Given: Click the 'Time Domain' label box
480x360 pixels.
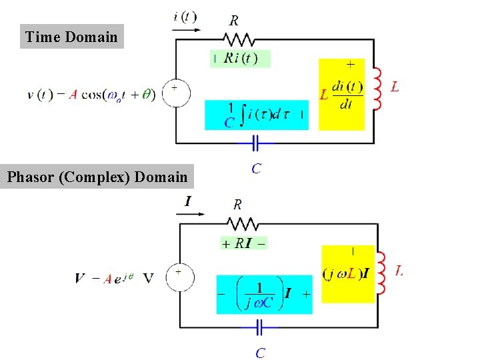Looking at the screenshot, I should [71, 37].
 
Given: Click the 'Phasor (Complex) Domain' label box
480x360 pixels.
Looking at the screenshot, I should [97, 177].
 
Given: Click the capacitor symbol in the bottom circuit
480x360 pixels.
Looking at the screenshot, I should [259, 327].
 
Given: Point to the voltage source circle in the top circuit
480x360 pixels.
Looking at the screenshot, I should [177, 93].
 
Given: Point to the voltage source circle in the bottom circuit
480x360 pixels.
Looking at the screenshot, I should [179, 277].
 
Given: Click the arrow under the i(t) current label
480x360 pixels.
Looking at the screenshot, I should [186, 29].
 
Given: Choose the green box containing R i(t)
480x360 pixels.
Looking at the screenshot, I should [240, 58].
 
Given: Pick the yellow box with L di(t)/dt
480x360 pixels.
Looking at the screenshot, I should [341, 94].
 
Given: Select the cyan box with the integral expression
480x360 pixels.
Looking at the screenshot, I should [257, 115].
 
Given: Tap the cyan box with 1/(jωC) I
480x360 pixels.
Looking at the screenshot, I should [264, 294].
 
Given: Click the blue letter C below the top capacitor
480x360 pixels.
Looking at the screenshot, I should [256, 169].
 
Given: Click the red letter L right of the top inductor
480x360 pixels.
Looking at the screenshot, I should [395, 87].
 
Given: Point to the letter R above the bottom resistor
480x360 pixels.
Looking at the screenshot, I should [237, 204].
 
